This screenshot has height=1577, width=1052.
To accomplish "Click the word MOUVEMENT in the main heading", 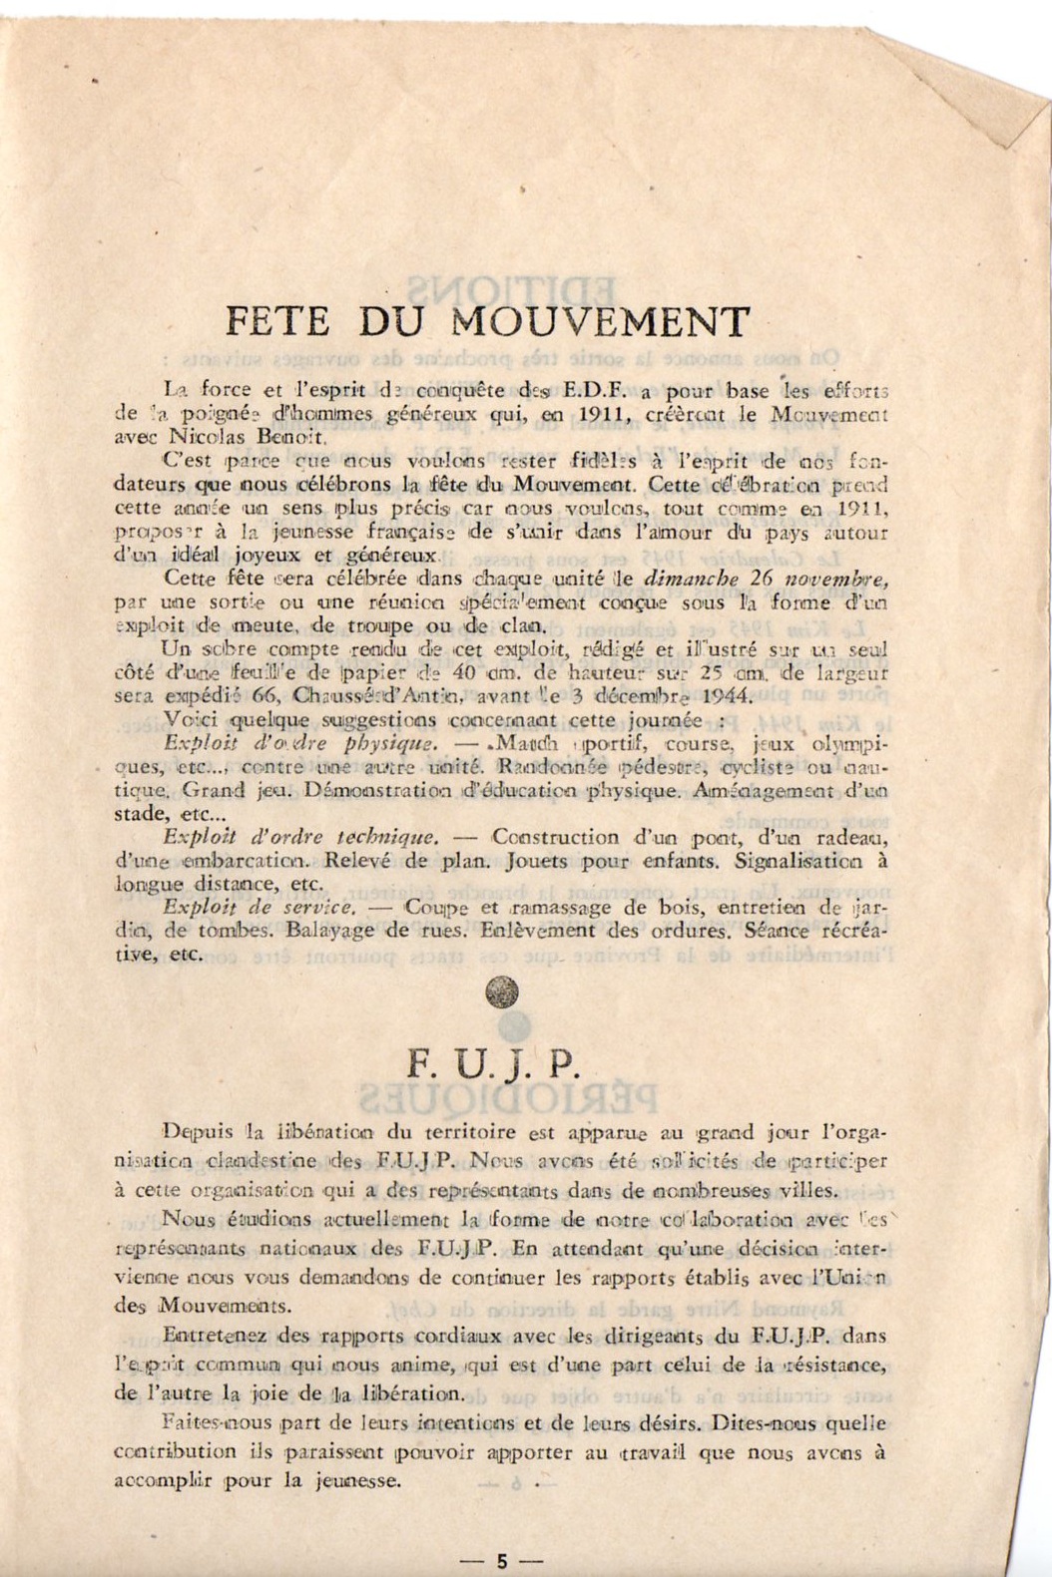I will pos(601,322).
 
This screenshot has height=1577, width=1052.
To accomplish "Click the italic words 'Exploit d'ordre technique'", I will pos(300,837).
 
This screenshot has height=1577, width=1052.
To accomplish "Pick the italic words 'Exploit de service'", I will pos(260,908).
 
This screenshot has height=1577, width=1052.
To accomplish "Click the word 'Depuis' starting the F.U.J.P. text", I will pos(199,1131).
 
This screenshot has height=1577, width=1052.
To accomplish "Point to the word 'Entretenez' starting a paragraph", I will pos(209,1337).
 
